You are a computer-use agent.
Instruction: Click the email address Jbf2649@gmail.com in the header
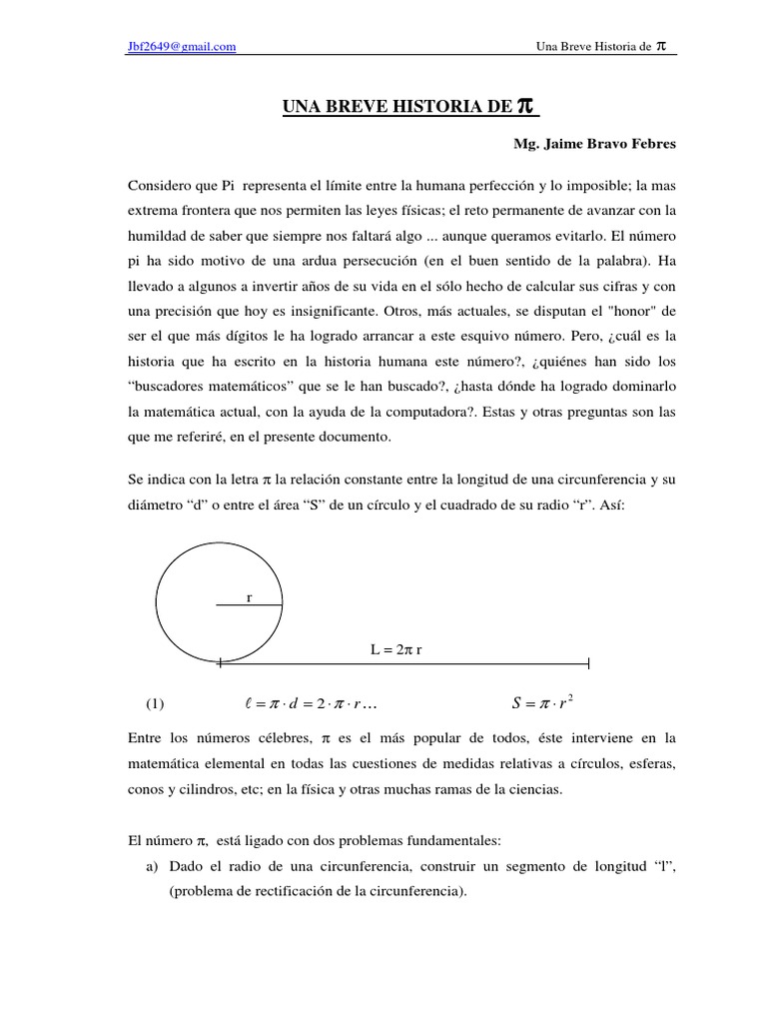tap(182, 46)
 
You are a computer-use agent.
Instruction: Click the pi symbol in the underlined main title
tap(529, 106)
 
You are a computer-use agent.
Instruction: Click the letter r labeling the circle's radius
tap(249, 597)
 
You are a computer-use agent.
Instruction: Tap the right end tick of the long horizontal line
tap(589, 662)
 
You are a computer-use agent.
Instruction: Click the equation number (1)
tap(155, 703)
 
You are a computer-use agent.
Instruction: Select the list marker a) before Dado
tap(154, 865)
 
